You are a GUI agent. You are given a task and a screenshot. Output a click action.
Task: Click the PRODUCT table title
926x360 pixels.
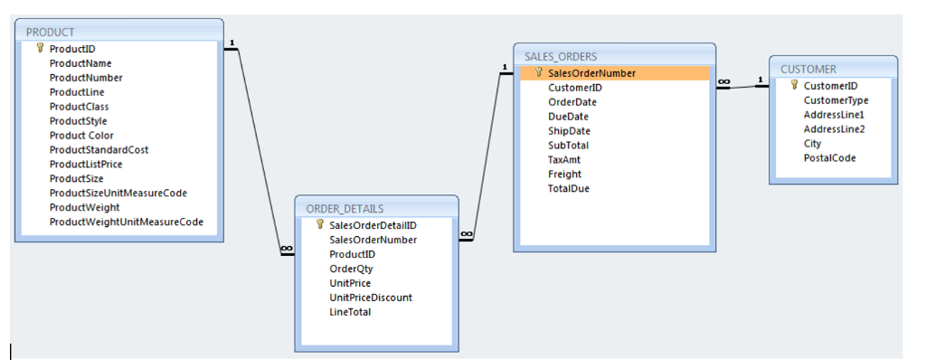(51, 33)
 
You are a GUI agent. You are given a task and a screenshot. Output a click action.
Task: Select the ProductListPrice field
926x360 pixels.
(86, 165)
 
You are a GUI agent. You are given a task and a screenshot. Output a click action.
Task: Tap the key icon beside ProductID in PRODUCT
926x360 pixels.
(40, 49)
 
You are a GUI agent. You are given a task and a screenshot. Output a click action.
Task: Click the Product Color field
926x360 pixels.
(81, 136)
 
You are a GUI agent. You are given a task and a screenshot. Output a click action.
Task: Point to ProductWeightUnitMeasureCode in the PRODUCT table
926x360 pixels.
(126, 222)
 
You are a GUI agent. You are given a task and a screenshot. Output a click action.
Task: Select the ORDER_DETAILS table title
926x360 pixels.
(345, 208)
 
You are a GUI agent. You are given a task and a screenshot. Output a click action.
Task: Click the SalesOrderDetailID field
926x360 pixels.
(373, 225)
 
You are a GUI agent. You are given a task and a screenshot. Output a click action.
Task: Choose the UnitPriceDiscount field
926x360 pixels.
(371, 298)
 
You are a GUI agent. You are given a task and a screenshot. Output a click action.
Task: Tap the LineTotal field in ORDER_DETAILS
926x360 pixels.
(350, 312)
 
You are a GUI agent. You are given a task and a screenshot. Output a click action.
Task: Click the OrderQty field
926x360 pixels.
(351, 269)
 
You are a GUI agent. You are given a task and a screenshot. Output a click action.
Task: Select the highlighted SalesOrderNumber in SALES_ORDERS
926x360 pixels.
(591, 73)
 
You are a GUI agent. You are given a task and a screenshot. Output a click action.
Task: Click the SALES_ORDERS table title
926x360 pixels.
(561, 57)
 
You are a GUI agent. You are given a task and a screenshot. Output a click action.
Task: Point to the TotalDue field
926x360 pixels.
(569, 189)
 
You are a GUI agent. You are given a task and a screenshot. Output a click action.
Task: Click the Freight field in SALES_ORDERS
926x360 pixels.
(565, 175)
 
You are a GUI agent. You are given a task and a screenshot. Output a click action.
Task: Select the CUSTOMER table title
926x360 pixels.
(808, 69)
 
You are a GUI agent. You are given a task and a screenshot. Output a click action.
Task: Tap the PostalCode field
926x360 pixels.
(829, 158)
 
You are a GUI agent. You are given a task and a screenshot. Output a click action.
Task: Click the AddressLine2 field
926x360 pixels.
(834, 129)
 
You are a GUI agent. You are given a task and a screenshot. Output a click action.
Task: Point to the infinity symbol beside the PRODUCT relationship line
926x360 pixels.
(287, 248)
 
